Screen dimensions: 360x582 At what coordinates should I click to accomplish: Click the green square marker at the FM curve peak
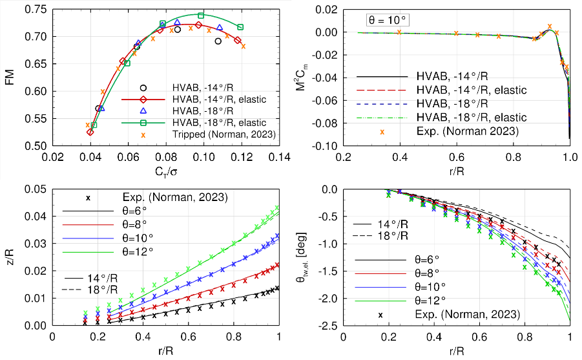tap(201, 16)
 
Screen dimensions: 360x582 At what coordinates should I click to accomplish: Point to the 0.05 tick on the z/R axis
tap(37, 189)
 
